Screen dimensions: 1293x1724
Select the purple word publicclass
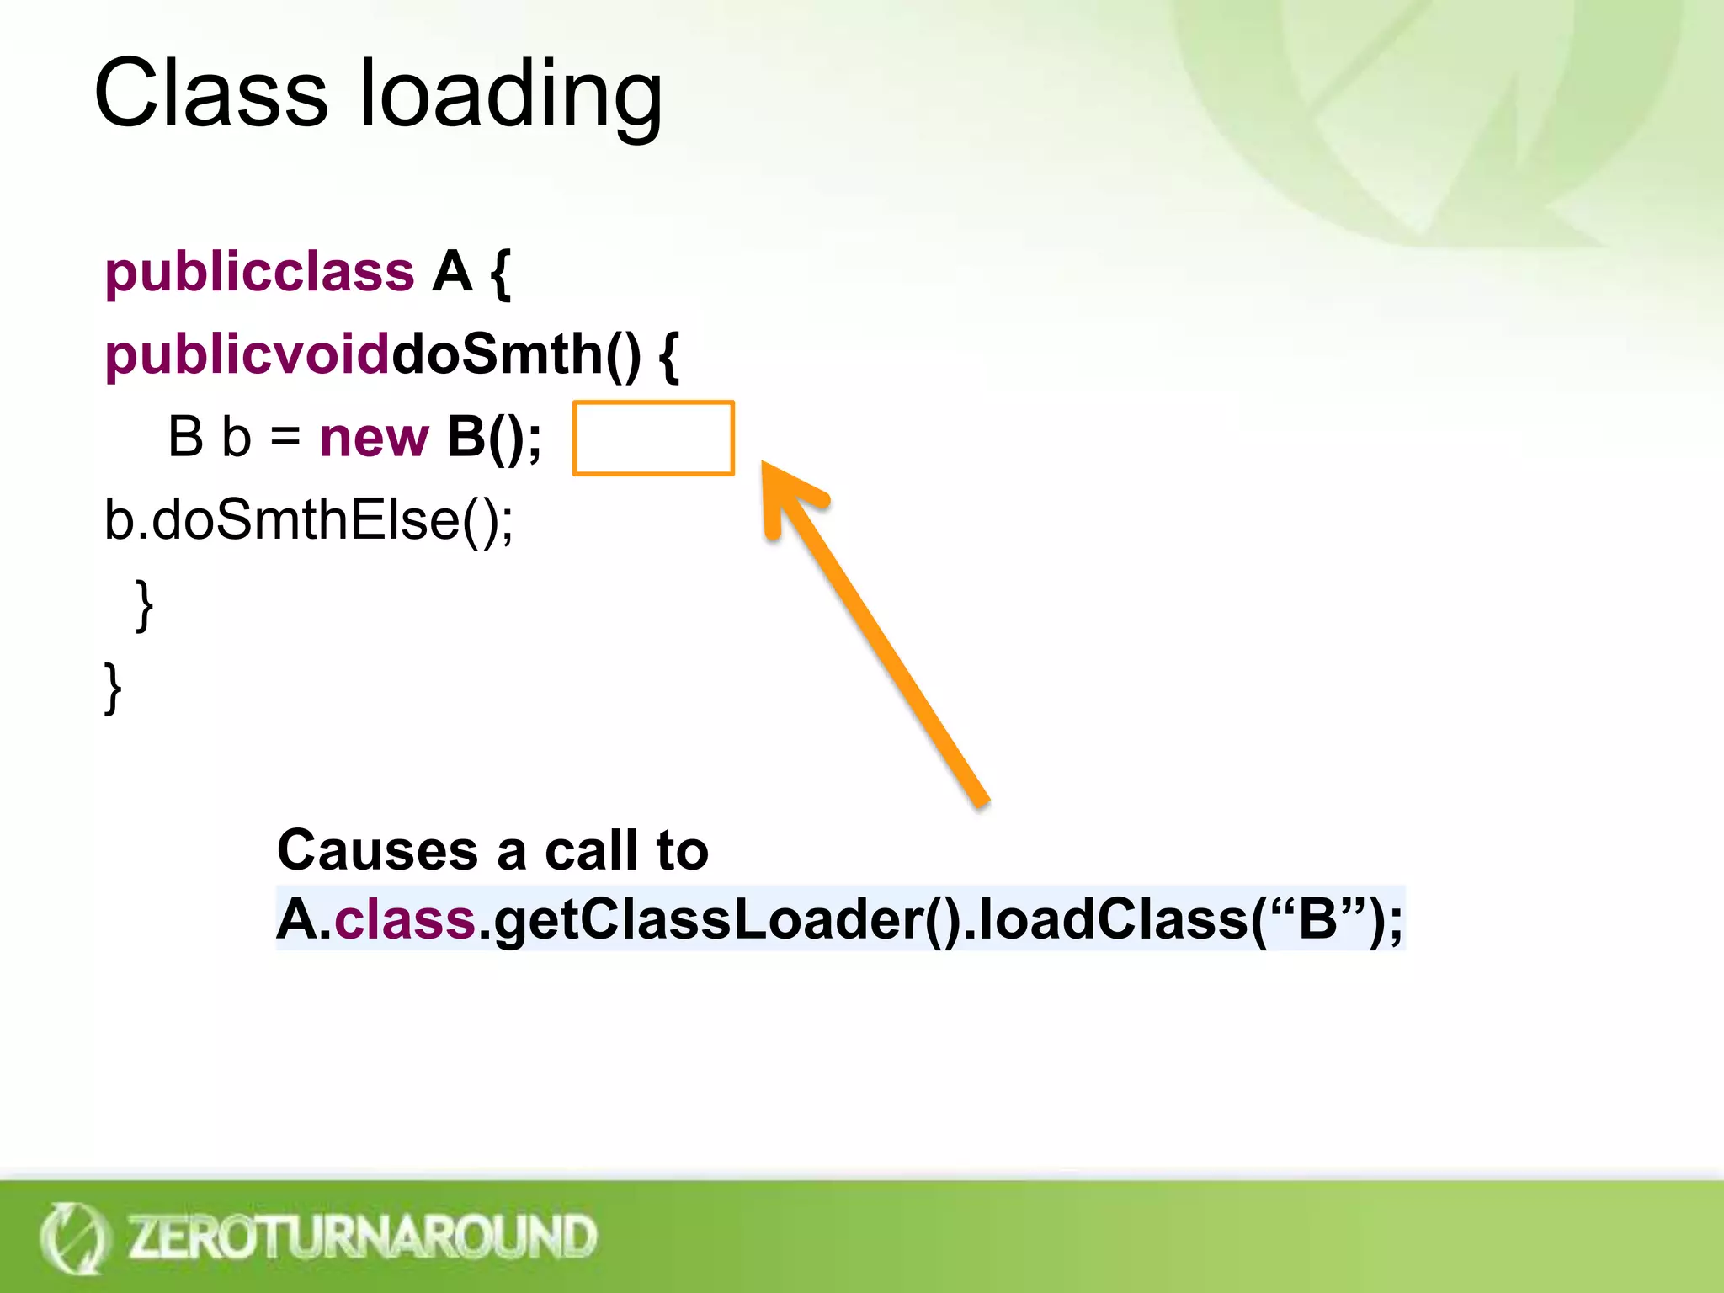pyautogui.click(x=259, y=273)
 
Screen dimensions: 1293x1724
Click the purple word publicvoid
pyautogui.click(x=247, y=354)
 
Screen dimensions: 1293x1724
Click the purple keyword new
pyautogui.click(x=374, y=438)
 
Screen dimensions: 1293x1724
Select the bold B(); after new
pyautogui.click(x=494, y=438)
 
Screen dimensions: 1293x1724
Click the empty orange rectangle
pyautogui.click(x=653, y=439)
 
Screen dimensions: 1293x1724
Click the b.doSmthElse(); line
pyautogui.click(x=309, y=520)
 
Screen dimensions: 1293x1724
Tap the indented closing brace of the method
pyautogui.click(x=145, y=604)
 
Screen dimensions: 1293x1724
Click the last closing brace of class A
pyautogui.click(x=113, y=688)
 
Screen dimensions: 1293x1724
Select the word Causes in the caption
pyautogui.click(x=377, y=850)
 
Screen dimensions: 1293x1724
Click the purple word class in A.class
pyautogui.click(x=406, y=918)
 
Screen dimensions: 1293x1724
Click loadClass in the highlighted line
pyautogui.click(x=1113, y=918)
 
